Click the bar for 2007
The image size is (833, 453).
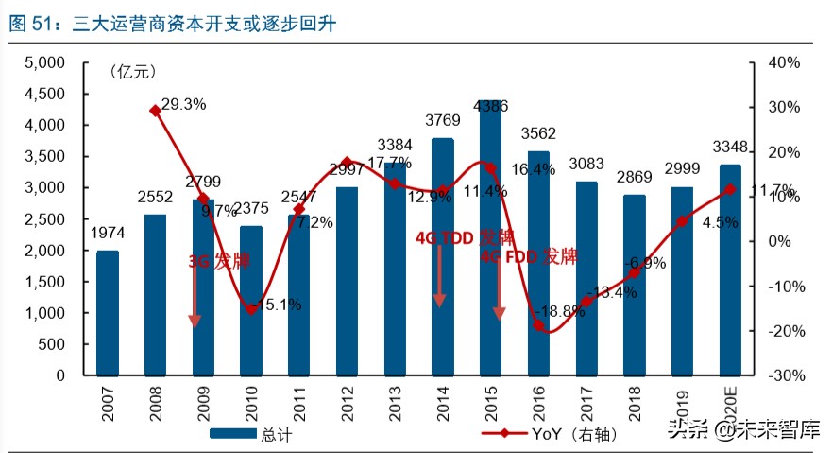108,313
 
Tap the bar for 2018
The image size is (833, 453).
635,285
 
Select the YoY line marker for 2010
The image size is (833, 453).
251,309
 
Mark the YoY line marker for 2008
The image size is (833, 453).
155,111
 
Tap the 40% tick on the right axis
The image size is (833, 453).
783,63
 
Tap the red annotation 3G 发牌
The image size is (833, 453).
219,261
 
